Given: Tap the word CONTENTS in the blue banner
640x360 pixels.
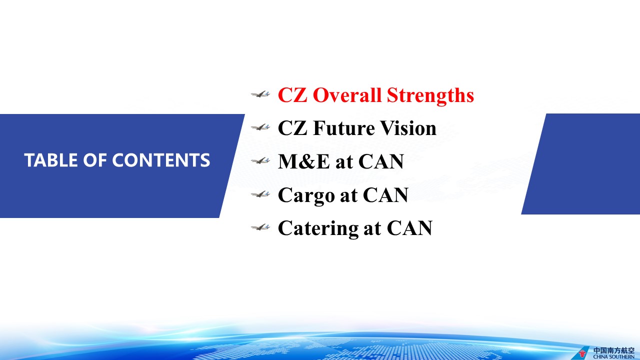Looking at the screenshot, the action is point(161,160).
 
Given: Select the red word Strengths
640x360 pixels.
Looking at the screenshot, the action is point(430,95).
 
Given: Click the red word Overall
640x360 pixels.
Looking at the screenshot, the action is point(347,95).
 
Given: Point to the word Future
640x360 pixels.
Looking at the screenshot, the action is point(343,128).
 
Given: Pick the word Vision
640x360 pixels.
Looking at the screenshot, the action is point(408,128).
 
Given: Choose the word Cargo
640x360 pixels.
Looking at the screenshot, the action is point(306,196).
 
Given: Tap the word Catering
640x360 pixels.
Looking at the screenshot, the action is point(318,229).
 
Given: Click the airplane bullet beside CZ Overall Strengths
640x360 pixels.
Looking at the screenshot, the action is point(260,94).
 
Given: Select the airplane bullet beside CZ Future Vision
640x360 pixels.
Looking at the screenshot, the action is point(260,127).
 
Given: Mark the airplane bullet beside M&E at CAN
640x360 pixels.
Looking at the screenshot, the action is point(260,160).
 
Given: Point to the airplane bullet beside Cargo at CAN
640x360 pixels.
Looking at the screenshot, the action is point(260,194).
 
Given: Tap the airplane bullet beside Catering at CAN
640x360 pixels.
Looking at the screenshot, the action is point(260,227).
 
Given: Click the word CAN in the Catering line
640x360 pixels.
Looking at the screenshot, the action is point(409,228).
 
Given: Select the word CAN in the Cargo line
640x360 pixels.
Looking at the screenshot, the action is point(385,195).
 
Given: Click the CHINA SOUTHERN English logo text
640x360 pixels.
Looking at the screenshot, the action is point(613,357).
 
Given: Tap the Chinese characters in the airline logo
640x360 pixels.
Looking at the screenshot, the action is point(613,350).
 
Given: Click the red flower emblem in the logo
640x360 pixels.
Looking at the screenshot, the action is point(582,353).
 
